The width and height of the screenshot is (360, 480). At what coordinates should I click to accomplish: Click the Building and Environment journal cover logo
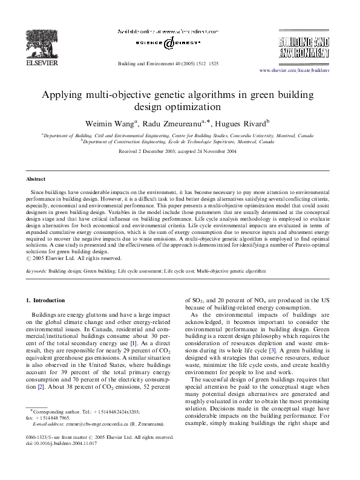[x=304, y=47]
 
